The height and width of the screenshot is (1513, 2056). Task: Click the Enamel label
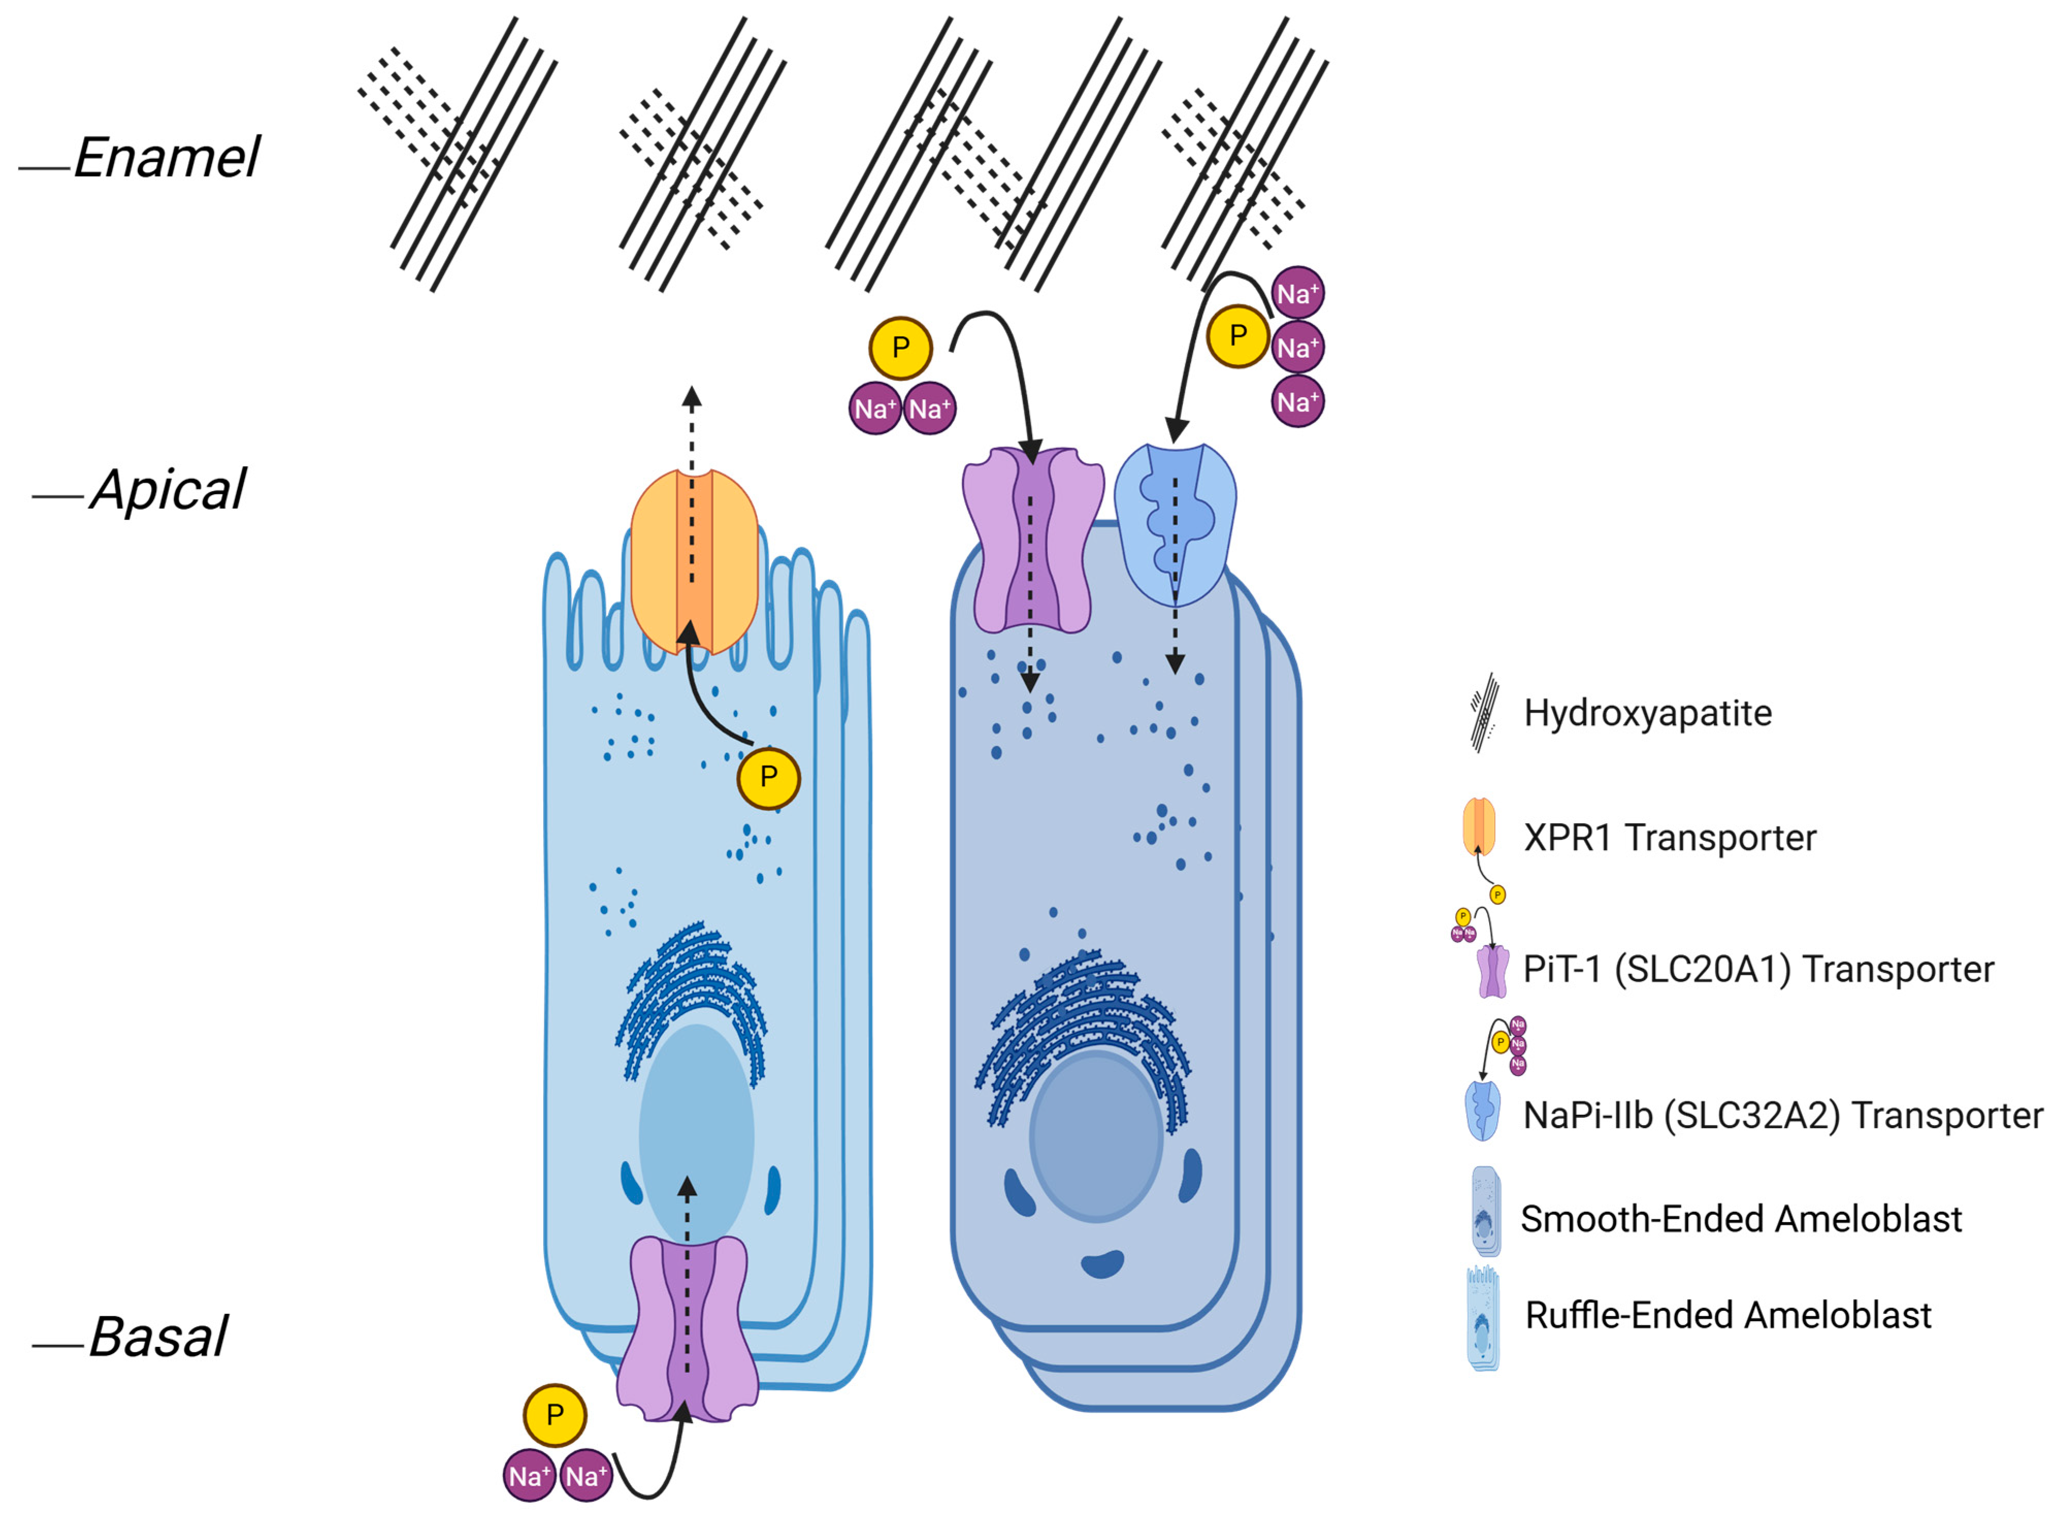pyautogui.click(x=167, y=157)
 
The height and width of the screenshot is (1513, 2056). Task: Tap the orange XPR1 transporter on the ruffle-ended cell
pyautogui.click(x=694, y=561)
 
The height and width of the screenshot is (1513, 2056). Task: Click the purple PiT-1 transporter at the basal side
pyautogui.click(x=687, y=1328)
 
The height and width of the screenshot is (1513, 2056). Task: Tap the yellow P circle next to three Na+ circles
pyautogui.click(x=1237, y=336)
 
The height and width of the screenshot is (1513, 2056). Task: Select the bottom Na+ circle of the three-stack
pyautogui.click(x=1298, y=401)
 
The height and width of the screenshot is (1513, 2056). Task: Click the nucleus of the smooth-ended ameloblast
pyautogui.click(x=1096, y=1136)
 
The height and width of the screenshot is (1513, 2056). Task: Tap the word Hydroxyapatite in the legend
pyautogui.click(x=1646, y=712)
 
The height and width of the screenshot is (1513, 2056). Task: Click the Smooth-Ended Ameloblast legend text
pyautogui.click(x=1740, y=1219)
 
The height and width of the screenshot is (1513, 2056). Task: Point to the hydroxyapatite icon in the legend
pyautogui.click(x=1483, y=712)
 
